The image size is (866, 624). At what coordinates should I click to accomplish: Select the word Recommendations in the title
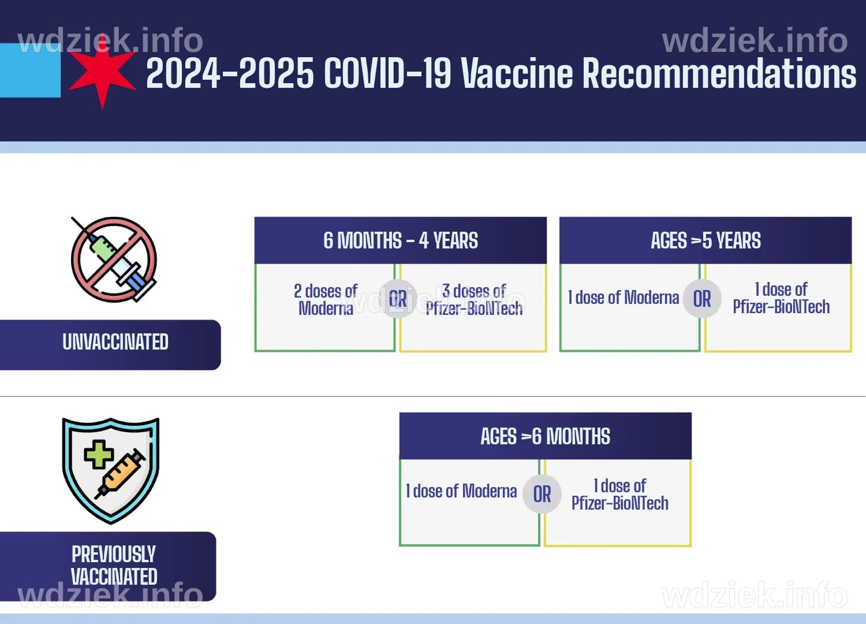click(x=719, y=74)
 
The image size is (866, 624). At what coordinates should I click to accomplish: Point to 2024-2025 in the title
click(x=230, y=74)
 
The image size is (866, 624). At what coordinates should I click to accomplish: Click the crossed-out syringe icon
click(x=114, y=259)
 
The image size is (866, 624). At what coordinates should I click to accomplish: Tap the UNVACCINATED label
click(x=115, y=342)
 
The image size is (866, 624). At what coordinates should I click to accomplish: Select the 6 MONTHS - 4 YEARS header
click(x=400, y=240)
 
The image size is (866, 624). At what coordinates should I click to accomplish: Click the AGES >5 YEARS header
click(x=705, y=240)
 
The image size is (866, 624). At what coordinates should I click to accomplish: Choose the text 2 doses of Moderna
click(x=326, y=299)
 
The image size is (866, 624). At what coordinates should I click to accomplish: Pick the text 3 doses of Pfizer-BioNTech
click(x=474, y=299)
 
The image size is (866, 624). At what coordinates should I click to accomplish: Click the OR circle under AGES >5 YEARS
click(x=702, y=299)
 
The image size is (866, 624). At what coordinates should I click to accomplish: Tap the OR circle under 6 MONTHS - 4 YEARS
click(x=398, y=299)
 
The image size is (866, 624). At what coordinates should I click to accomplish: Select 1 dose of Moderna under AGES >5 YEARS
click(x=624, y=298)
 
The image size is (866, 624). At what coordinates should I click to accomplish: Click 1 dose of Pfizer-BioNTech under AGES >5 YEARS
click(x=781, y=298)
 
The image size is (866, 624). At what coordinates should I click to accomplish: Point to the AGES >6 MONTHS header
click(x=545, y=436)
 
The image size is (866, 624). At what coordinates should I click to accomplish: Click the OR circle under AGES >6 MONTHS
click(x=542, y=494)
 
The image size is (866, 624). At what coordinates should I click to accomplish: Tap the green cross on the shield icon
click(x=99, y=454)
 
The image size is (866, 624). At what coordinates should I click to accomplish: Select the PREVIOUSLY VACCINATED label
click(x=114, y=565)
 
